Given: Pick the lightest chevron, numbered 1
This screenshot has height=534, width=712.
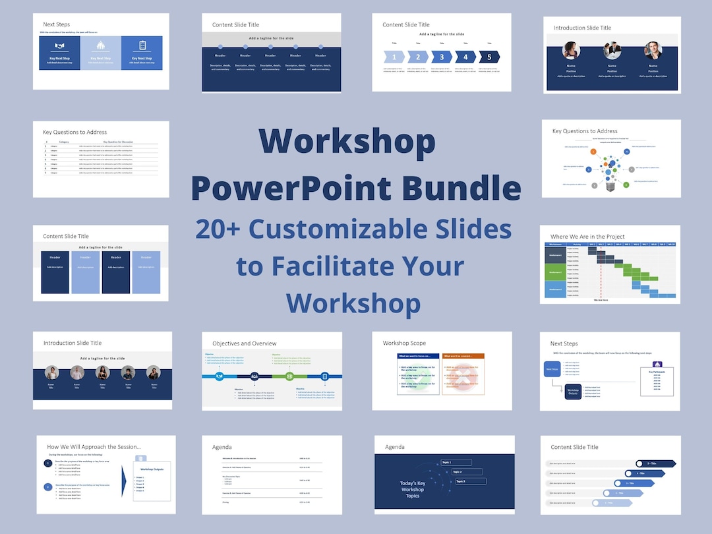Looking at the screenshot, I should pos(395,57).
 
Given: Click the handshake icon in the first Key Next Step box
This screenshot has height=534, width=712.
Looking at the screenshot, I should pos(59,46).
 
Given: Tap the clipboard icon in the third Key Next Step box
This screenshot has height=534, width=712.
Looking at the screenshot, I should pos(142,46).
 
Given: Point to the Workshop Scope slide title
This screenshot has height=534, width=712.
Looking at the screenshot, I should pos(404,343).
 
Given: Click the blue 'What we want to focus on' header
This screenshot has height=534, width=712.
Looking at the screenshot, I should pos(418,357).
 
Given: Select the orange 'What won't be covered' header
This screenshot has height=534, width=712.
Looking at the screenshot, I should pos(463,357).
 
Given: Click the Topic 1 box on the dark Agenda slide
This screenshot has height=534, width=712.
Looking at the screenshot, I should pos(456,462).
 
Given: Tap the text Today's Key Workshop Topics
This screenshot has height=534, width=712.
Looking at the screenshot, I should pos(413,489).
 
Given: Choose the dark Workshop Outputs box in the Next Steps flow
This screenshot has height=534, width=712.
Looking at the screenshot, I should pos(573,391).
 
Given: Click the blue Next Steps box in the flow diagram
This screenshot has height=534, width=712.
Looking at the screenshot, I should pos(552,370).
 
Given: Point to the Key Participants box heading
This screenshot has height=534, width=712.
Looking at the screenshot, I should pos(657,372).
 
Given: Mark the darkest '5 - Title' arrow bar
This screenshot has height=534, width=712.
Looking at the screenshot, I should pos(655,463).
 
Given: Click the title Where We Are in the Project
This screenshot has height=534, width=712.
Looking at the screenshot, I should pos(587,237).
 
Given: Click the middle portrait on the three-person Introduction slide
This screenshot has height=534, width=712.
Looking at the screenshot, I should pos(612,51).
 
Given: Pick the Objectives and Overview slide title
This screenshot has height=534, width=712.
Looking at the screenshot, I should pos(244,343).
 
